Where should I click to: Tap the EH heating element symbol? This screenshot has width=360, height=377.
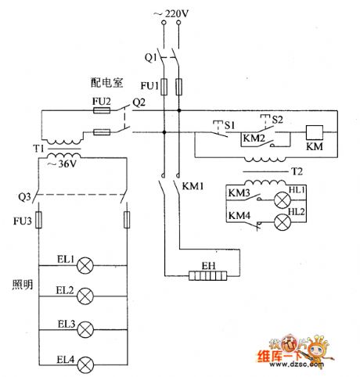coord(207,276)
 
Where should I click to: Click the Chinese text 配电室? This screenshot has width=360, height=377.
coord(106,81)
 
